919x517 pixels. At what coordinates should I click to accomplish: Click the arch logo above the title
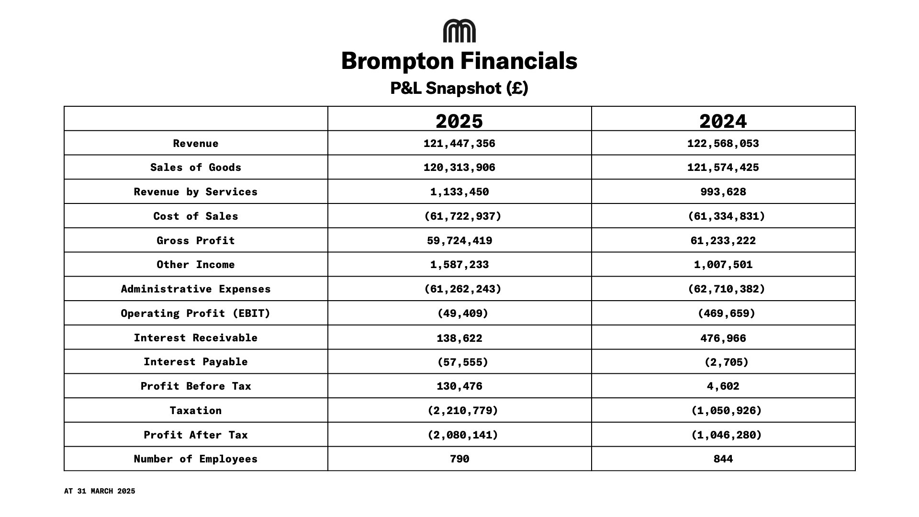[459, 31]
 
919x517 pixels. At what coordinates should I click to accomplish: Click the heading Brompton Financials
[459, 61]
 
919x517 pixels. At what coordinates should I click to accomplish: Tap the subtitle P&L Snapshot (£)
[459, 88]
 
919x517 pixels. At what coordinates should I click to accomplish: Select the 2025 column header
[459, 121]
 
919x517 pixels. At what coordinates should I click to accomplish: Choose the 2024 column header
[723, 121]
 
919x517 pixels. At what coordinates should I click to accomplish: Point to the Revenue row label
[196, 144]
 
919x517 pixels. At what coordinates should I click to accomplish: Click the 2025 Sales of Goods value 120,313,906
[459, 168]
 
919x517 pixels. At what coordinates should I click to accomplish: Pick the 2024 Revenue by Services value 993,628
[723, 192]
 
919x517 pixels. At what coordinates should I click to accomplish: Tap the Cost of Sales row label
[196, 216]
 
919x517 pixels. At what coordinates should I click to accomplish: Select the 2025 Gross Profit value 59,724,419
[459, 241]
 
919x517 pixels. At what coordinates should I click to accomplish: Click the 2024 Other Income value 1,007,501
[723, 265]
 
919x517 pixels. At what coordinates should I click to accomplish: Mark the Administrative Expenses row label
[196, 289]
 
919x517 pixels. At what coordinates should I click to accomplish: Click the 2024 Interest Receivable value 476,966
[723, 338]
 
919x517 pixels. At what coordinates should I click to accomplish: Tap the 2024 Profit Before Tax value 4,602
[723, 386]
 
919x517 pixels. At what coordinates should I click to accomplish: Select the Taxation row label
[196, 411]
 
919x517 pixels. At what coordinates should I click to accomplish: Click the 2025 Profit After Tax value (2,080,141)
[462, 435]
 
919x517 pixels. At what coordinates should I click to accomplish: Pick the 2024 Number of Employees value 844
[723, 459]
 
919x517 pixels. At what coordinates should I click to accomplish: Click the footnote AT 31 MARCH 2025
[100, 491]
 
